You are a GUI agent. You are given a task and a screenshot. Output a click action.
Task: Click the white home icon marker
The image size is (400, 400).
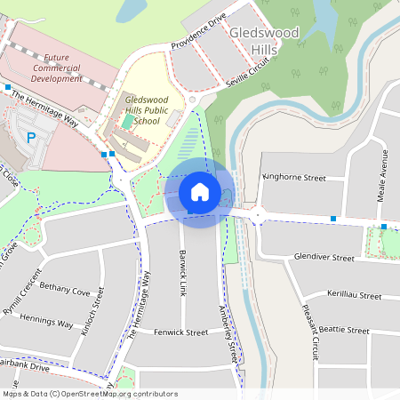pyautogui.click(x=200, y=191)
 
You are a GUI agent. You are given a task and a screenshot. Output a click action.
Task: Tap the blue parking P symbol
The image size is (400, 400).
pyautogui.click(x=31, y=138)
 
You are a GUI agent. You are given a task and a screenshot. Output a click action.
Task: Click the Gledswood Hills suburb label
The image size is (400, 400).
pyautogui.click(x=266, y=41)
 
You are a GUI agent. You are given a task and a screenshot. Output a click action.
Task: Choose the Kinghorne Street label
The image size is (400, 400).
pyautogui.click(x=294, y=178)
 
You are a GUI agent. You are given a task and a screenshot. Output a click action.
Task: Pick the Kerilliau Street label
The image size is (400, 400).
pyautogui.click(x=354, y=295)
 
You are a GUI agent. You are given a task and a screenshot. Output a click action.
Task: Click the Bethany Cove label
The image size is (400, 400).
pyautogui.click(x=65, y=292)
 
